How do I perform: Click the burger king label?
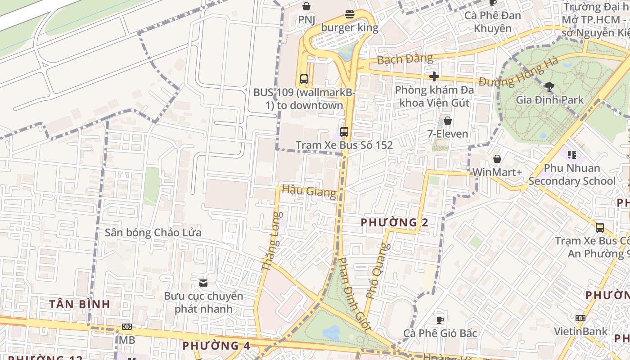(349, 27)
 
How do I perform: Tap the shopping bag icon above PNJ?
(306, 6)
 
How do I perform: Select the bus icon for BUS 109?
(304, 79)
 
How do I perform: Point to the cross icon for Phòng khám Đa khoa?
(434, 76)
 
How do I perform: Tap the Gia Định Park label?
(549, 100)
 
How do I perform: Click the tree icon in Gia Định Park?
(549, 86)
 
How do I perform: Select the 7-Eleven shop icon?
(447, 121)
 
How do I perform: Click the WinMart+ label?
(497, 172)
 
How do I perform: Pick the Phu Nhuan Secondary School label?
(572, 175)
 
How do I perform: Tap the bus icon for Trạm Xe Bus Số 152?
(344, 131)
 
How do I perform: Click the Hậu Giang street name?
(309, 191)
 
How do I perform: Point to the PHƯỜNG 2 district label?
(394, 222)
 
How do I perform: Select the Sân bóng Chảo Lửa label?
(153, 233)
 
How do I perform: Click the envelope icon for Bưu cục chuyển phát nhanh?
(203, 283)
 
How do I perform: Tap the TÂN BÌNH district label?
(80, 304)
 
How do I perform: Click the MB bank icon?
(127, 327)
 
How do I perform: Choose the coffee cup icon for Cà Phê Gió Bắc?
(440, 320)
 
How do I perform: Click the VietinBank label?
(580, 332)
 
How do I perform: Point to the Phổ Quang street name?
(377, 271)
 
